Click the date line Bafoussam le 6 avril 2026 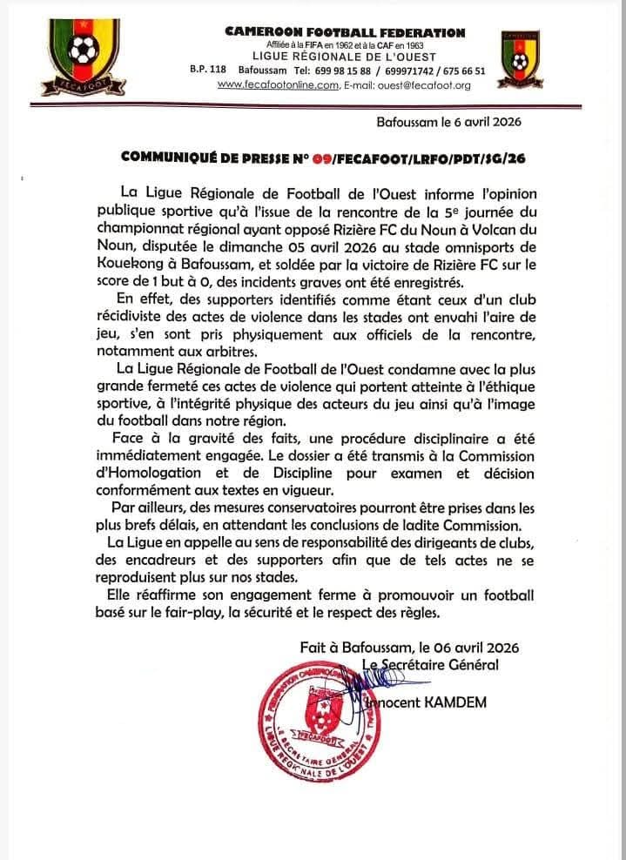point(449,122)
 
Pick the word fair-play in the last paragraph point(233,612)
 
